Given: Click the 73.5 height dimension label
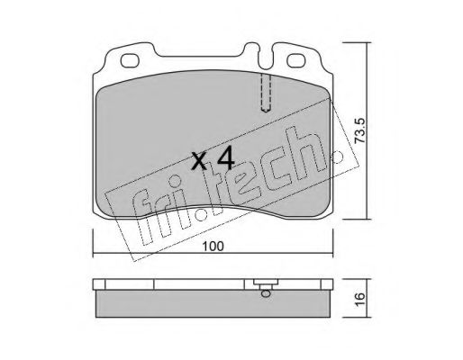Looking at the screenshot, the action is tap(359, 130).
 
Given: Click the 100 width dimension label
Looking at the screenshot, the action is tap(213, 247).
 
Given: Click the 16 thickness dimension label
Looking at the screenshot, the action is tap(359, 298).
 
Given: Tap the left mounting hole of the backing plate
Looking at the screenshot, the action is tap(130, 61).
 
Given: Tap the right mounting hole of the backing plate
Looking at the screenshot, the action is tap(296, 61).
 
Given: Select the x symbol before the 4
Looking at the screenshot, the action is tap(199, 162).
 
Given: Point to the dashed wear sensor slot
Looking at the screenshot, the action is tap(266, 93).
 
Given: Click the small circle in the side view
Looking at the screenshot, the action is tap(266, 293).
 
